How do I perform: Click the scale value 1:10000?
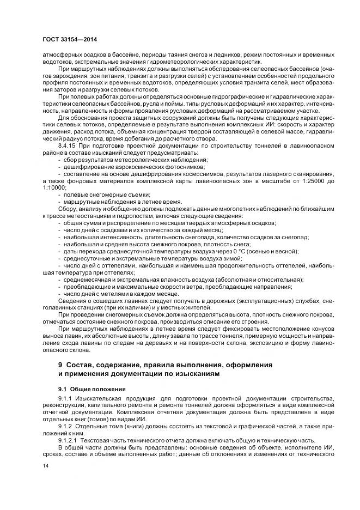click(x=53, y=187)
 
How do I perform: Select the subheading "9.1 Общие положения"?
click(x=92, y=389)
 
